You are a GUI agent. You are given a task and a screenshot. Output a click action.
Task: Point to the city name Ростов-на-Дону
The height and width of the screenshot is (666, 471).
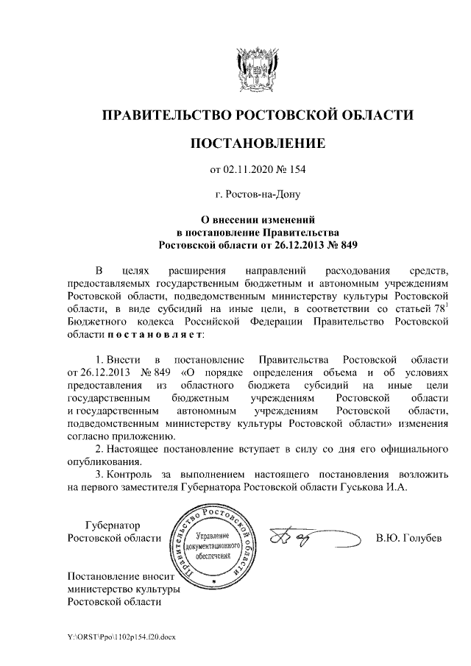point(257,195)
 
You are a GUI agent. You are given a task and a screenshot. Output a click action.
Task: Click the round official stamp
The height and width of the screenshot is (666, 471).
point(213,546)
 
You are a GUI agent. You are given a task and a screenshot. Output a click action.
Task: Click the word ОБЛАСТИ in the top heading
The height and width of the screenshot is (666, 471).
point(376,116)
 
